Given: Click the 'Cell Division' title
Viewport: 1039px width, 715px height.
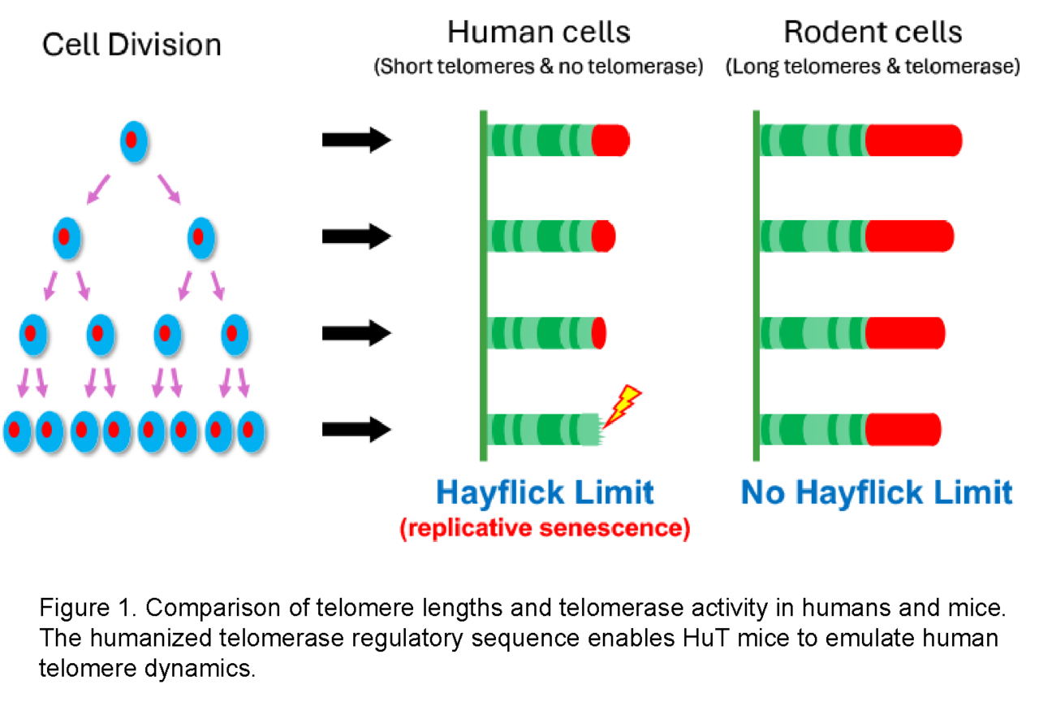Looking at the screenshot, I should (x=131, y=44).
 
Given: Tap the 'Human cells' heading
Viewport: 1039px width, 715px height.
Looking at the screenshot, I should (x=538, y=32).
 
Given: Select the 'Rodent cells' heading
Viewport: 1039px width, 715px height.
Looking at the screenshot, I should (x=873, y=32).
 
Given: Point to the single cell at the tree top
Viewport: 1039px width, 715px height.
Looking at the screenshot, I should (x=133, y=142).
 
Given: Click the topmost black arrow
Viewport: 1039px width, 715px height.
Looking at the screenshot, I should (x=357, y=140).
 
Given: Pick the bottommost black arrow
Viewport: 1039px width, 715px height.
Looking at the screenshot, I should (x=357, y=429).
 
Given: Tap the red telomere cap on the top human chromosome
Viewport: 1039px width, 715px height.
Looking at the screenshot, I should (x=610, y=140).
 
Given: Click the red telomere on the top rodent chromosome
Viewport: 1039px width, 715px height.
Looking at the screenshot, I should (x=913, y=140).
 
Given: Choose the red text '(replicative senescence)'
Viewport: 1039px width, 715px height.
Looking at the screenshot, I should (x=545, y=529).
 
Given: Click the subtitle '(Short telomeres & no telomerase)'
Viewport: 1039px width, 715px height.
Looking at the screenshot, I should (x=538, y=67).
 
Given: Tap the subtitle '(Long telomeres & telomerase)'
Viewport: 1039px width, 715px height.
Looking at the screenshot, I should (x=873, y=67).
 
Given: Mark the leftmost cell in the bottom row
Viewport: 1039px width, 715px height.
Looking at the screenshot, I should (x=16, y=431).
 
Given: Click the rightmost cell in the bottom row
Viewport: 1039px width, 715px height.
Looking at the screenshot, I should (x=252, y=431).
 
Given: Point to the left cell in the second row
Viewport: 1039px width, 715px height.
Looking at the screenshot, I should (x=67, y=237).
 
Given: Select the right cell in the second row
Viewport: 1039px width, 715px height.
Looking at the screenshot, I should (x=200, y=237).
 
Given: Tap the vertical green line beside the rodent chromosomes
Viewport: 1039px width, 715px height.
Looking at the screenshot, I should (x=757, y=284).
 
